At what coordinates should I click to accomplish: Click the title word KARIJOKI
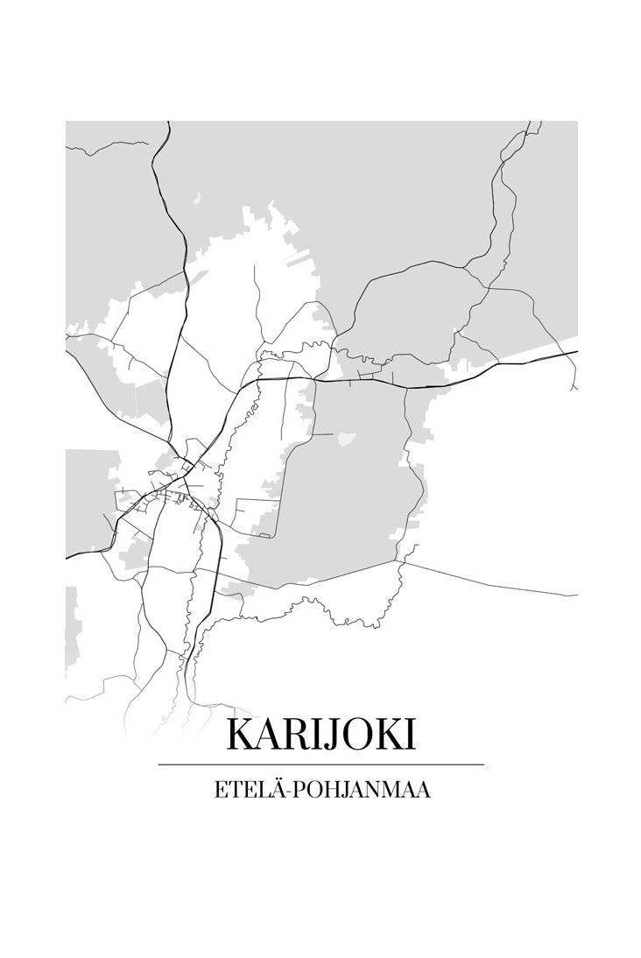click(x=320, y=735)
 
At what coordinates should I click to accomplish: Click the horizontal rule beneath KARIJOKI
click(x=320, y=764)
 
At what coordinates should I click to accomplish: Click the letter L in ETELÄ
click(x=258, y=790)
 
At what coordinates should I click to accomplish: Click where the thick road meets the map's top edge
click(x=168, y=123)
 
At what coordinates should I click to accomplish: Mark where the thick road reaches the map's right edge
click(x=576, y=352)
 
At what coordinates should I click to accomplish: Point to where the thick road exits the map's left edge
click(x=67, y=557)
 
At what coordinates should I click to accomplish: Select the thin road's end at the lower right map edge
click(x=576, y=595)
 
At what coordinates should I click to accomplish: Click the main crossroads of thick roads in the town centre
click(x=185, y=477)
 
